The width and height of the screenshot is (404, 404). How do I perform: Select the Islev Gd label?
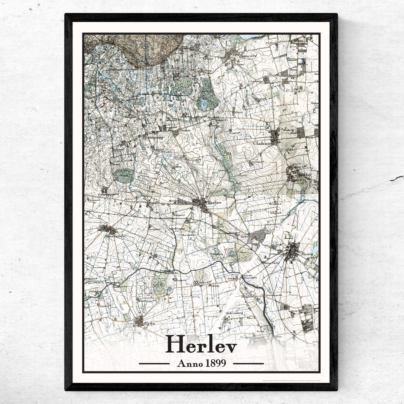204,283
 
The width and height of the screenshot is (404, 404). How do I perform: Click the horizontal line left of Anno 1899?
154,363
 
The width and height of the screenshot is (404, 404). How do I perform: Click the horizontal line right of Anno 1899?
248,363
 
